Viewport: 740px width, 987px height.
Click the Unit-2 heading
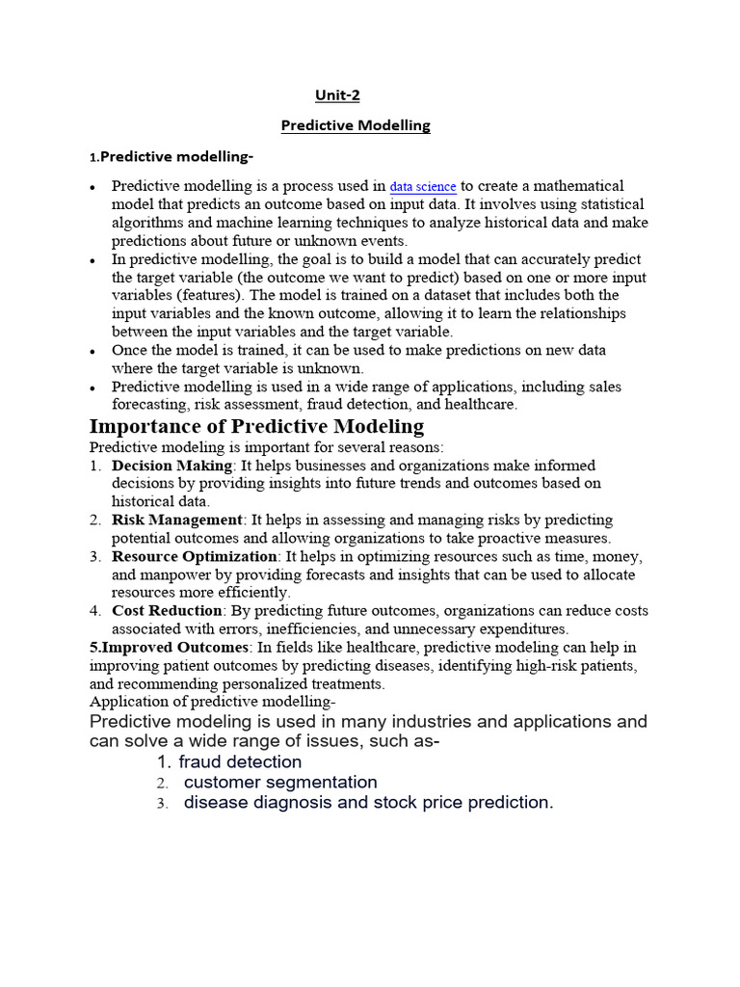coord(338,94)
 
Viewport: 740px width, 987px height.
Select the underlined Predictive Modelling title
coord(355,125)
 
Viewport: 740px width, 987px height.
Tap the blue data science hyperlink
coord(423,187)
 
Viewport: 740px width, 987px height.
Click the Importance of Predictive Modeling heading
coord(256,426)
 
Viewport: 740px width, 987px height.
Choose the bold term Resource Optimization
coord(195,557)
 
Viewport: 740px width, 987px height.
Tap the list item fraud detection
coord(240,761)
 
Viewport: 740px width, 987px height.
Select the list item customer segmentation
coord(280,782)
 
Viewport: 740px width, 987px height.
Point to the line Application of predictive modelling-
coord(212,702)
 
